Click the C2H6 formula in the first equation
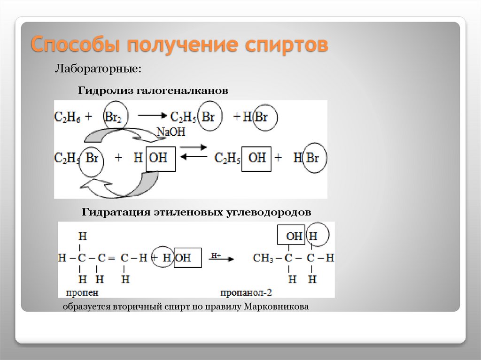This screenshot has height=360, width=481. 68,117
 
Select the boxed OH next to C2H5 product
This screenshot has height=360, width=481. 256,157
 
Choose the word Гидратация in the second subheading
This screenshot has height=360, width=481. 116,212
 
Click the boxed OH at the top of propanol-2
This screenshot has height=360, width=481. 294,236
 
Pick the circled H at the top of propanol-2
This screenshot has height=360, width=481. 313,236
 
